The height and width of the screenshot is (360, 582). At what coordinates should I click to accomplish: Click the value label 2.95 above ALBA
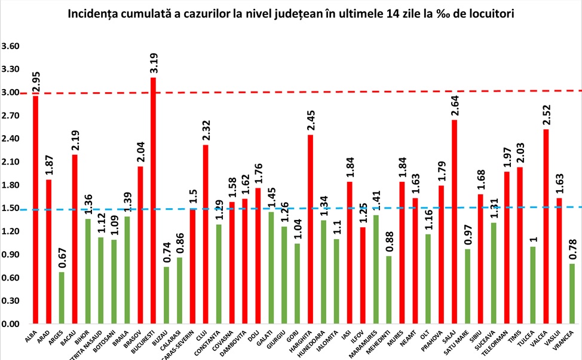pyautogui.click(x=36, y=81)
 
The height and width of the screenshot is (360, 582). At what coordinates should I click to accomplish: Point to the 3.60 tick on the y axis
pyautogui.click(x=11, y=47)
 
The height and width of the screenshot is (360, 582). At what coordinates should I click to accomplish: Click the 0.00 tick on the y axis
pyautogui.click(x=11, y=325)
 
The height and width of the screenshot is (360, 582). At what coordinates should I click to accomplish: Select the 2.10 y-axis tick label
pyautogui.click(x=11, y=162)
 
